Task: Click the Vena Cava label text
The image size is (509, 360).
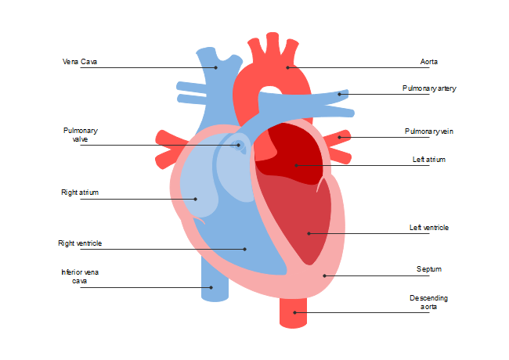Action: point(80,62)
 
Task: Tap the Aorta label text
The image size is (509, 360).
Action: point(429,62)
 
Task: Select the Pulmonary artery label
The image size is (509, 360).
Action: point(429,88)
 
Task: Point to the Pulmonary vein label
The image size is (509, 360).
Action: point(429,131)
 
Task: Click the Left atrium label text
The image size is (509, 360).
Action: point(429,160)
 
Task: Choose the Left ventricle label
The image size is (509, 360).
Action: point(429,228)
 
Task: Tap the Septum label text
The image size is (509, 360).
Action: point(429,269)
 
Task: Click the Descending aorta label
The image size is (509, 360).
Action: point(428,302)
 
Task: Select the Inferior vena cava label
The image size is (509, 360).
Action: point(80,276)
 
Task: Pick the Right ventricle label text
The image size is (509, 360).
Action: point(80,243)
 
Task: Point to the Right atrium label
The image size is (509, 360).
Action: point(80,193)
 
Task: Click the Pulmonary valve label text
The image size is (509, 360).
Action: point(80,135)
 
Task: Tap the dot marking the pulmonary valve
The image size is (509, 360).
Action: point(239,145)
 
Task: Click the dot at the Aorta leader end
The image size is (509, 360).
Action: point(287,67)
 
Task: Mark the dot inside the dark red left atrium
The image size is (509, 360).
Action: point(296,165)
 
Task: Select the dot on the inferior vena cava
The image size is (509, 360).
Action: point(211,287)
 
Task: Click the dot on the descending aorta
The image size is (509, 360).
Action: point(294,312)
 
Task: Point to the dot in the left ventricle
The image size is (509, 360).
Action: point(309,233)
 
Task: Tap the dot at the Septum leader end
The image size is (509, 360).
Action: point(324,275)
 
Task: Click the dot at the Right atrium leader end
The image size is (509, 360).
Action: point(196,199)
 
